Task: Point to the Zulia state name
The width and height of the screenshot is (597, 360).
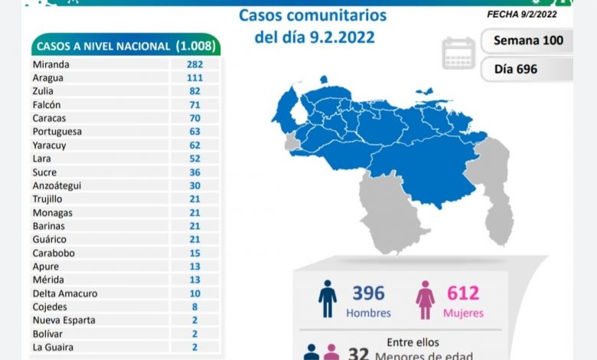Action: point(44,91)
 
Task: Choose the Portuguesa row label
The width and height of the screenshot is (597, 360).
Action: point(57,132)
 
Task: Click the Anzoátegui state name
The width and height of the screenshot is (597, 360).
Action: point(57,185)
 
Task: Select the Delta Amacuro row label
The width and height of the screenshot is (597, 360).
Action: point(65,293)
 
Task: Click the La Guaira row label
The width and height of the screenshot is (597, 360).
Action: point(53,347)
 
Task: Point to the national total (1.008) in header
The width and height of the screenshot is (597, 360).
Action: point(195,47)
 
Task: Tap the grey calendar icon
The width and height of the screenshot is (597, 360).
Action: point(458,53)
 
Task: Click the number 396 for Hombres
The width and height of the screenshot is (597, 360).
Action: point(368,293)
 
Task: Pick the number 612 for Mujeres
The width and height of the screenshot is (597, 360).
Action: point(463,293)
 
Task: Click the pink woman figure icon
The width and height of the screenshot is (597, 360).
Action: point(425,299)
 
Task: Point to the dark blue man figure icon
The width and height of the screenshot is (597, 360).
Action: point(328,299)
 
